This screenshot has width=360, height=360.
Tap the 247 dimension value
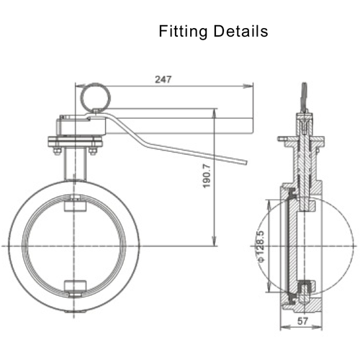[x=163, y=80]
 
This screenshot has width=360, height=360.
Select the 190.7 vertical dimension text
[x=207, y=177]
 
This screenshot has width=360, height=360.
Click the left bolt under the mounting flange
[x=55, y=151]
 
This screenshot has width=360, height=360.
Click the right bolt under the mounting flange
[x=92, y=151]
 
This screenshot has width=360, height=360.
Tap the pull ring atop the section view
[x=304, y=96]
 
